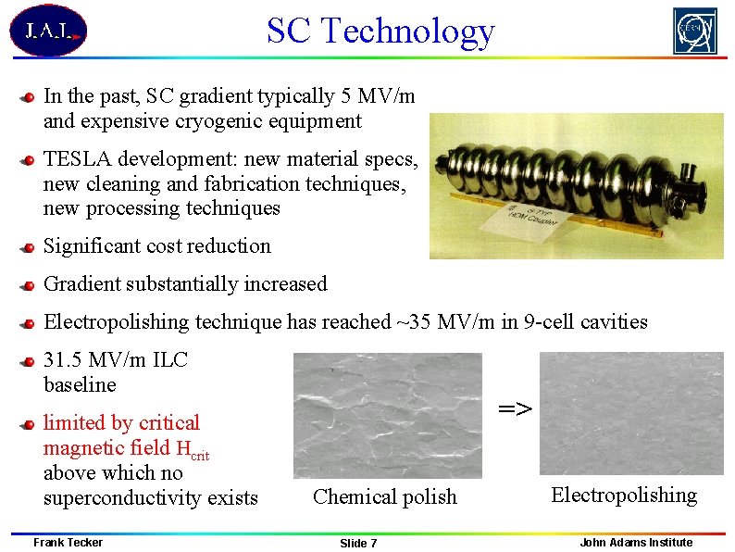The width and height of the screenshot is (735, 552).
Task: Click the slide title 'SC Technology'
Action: [380, 31]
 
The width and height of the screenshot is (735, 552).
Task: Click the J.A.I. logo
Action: [47, 31]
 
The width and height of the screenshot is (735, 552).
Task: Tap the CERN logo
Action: [694, 31]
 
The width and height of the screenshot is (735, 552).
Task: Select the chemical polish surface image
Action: [387, 414]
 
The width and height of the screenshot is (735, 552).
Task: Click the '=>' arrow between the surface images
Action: [516, 408]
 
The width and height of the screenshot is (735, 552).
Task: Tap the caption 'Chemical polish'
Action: [385, 497]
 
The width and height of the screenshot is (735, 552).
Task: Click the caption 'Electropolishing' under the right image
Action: [624, 495]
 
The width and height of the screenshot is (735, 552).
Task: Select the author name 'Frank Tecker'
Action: [68, 543]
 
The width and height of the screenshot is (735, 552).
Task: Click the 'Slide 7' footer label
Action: [358, 544]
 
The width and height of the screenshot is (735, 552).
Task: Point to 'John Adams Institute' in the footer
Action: [636, 543]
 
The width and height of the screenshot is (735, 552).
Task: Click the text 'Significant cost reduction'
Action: [157, 246]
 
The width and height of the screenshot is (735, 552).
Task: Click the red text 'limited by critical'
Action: [121, 423]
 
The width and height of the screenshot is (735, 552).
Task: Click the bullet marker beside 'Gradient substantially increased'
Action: [30, 285]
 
